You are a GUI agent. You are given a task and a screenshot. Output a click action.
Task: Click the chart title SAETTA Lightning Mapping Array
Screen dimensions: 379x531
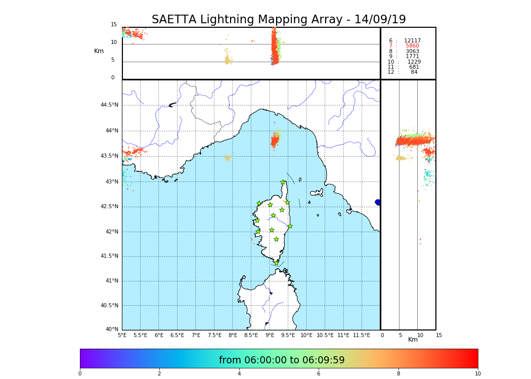[x=279, y=20]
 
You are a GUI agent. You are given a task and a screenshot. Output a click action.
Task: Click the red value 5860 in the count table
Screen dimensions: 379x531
[x=412, y=46]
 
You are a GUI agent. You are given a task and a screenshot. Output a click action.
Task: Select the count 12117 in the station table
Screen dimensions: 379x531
[x=412, y=41]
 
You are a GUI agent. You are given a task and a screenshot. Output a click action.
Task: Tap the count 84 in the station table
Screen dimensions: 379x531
[x=414, y=72]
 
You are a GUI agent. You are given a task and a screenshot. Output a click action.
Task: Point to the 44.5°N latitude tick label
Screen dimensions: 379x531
[x=109, y=105]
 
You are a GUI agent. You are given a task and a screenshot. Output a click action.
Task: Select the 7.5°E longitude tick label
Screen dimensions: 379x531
[x=214, y=335]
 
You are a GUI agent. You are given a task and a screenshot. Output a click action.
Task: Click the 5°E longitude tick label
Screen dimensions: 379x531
[x=122, y=335]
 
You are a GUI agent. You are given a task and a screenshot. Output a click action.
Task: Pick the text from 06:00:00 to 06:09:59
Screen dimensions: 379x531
[x=282, y=360]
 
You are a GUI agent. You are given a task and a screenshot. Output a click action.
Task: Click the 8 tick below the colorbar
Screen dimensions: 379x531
[x=398, y=374]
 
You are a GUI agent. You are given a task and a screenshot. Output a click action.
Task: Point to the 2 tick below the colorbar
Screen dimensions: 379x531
[x=159, y=374]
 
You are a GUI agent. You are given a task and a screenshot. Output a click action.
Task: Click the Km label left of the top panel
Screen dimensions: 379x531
[x=99, y=51]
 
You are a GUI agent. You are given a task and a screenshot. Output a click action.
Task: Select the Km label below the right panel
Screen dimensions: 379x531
[x=413, y=340]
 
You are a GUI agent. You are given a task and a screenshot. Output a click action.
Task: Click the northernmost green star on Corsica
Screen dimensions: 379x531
[x=283, y=182]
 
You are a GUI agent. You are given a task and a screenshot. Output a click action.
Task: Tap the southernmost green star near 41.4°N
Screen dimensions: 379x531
[x=276, y=263]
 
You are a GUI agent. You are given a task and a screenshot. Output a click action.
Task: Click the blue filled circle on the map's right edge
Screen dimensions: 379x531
[x=378, y=202]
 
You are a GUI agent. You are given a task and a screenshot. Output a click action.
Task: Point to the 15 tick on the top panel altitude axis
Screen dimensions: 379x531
[x=114, y=25]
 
